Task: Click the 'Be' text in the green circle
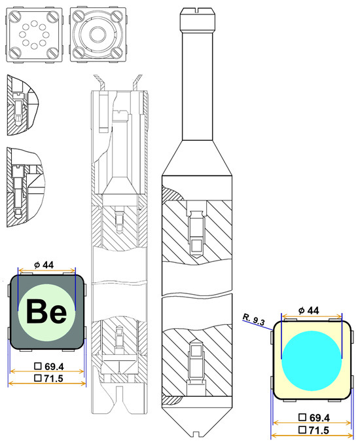pyautogui.click(x=46, y=311)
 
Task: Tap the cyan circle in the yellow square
pyautogui.click(x=312, y=360)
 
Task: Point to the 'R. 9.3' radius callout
pyautogui.click(x=254, y=319)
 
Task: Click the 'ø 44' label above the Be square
pyautogui.click(x=44, y=265)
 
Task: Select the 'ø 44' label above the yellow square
pyautogui.click(x=308, y=310)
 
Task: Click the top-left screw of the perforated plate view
pyautogui.click(x=14, y=17)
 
